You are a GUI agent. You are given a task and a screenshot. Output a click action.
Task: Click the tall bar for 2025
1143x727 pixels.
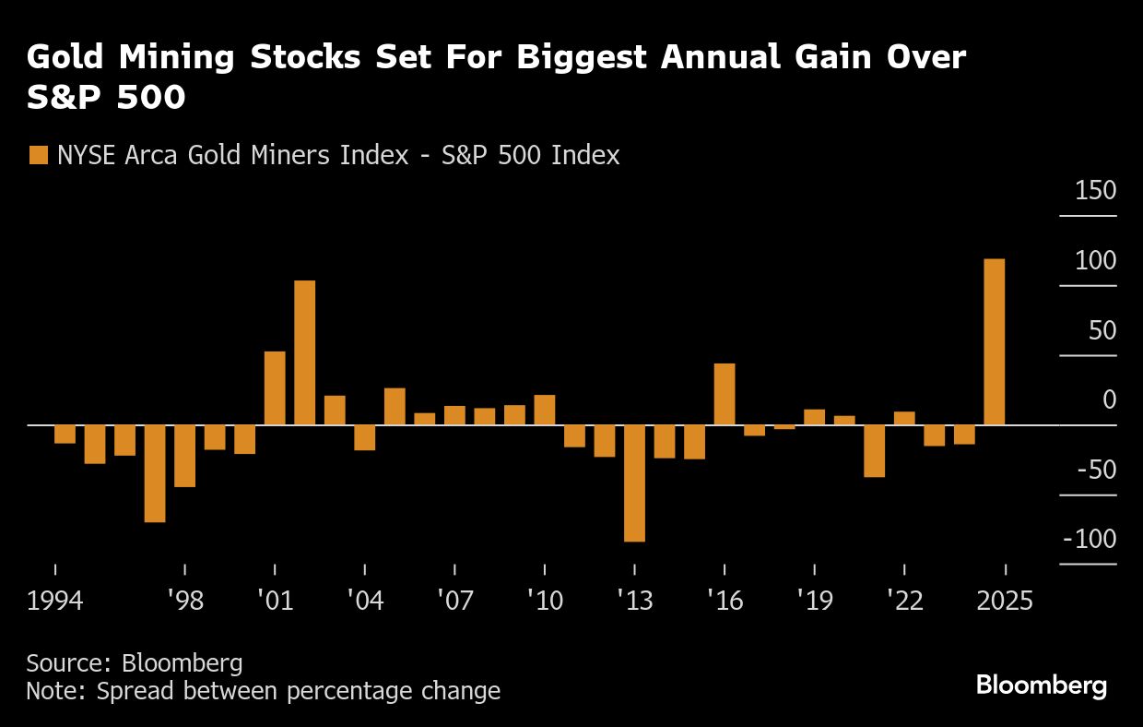pyautogui.click(x=995, y=342)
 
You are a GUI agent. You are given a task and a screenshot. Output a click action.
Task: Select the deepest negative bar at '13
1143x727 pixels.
pyautogui.click(x=634, y=483)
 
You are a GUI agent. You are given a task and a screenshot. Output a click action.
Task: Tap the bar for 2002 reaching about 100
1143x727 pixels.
pyautogui.click(x=304, y=352)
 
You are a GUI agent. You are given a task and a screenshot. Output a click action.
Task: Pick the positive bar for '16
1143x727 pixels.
pyautogui.click(x=725, y=394)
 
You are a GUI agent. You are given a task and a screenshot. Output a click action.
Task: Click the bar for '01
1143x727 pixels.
pyautogui.click(x=275, y=388)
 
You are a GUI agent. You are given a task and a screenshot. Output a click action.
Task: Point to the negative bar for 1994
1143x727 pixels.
pyautogui.click(x=65, y=435)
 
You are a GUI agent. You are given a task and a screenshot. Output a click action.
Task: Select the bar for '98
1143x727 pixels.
pyautogui.click(x=184, y=456)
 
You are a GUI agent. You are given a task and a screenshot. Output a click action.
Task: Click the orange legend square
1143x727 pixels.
pyautogui.click(x=38, y=155)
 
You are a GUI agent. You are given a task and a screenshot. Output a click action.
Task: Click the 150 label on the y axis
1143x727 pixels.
pyautogui.click(x=1095, y=191)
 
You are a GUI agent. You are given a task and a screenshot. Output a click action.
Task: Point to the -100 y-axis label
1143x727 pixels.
pyautogui.click(x=1089, y=539)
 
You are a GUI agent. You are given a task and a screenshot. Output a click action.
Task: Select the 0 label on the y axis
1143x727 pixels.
pyautogui.click(x=1109, y=399)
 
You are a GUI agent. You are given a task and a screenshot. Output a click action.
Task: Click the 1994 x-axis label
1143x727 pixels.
pyautogui.click(x=55, y=601)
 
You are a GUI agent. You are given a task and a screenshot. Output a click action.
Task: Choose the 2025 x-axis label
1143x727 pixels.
pyautogui.click(x=1005, y=601)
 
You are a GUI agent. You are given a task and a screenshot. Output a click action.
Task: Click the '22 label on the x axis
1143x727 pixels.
pyautogui.click(x=905, y=601)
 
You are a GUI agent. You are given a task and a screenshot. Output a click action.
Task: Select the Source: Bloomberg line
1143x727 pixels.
pyautogui.click(x=135, y=662)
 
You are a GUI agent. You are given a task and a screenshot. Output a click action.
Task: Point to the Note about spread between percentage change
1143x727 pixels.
pyautogui.click(x=263, y=690)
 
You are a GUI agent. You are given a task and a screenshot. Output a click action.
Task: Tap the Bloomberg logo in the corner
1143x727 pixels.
pyautogui.click(x=1042, y=685)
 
